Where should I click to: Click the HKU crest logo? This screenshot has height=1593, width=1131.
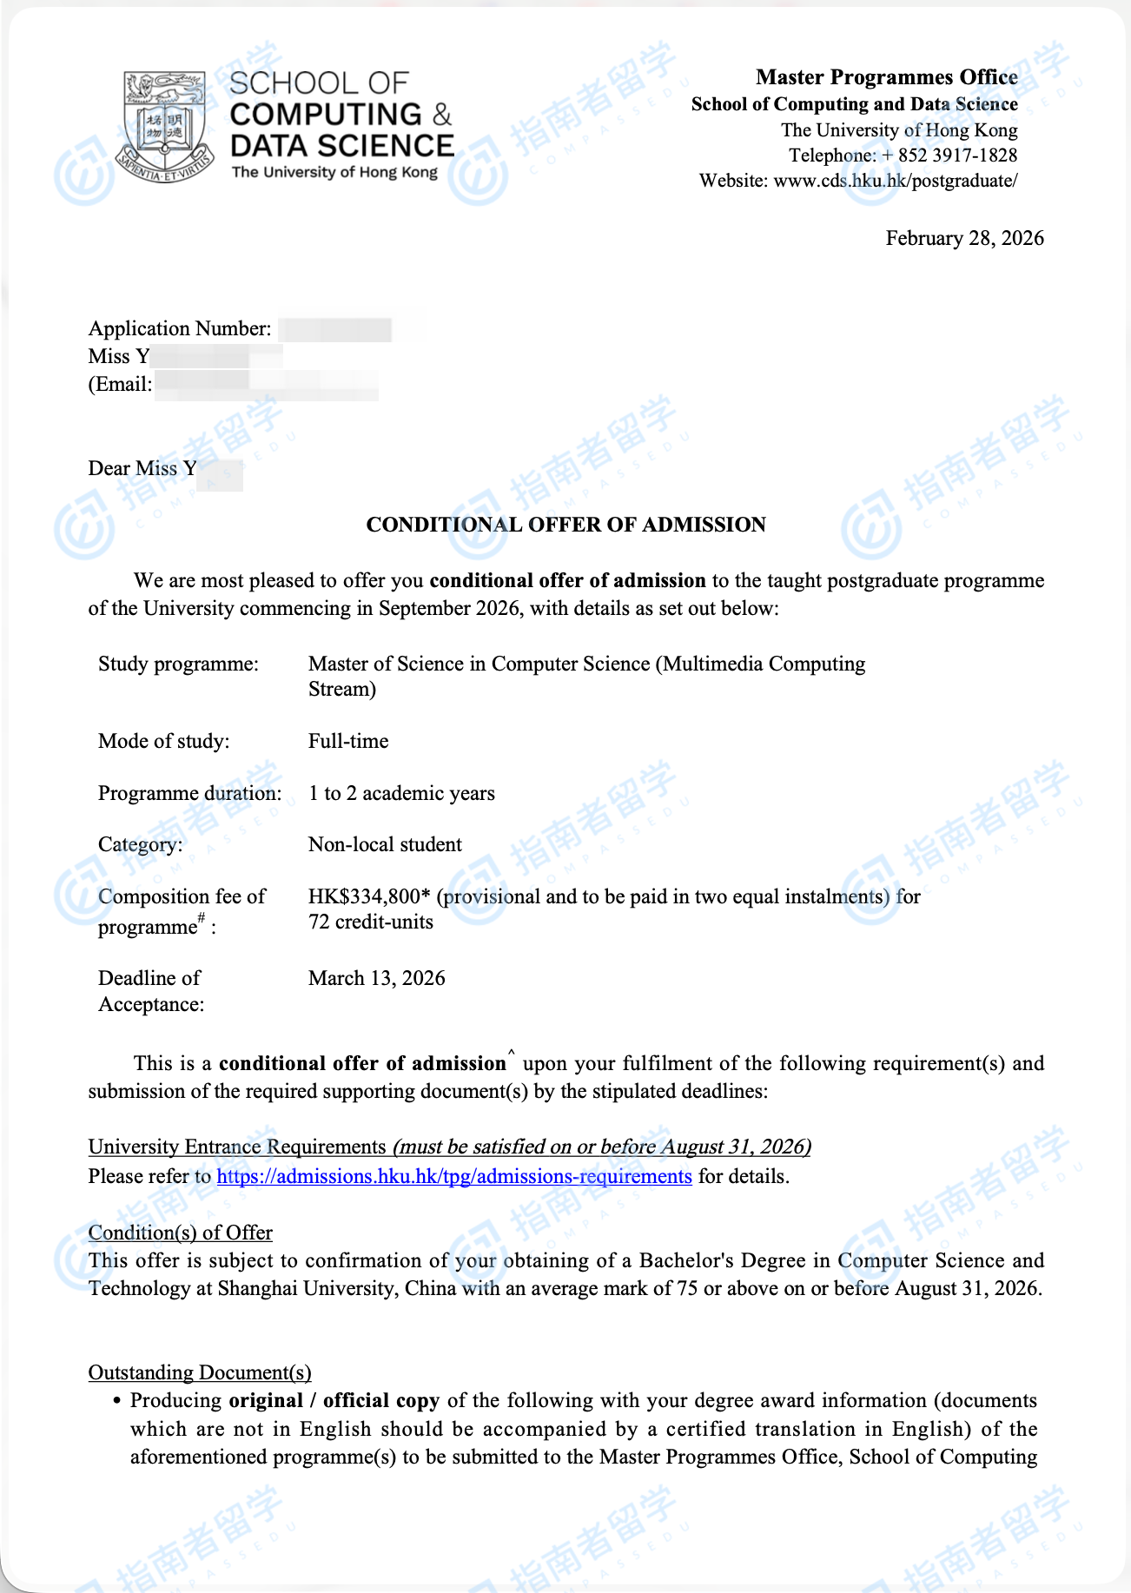(165, 126)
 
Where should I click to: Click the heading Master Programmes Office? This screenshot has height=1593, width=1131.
(886, 77)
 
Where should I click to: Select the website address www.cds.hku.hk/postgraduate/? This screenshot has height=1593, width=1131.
(895, 181)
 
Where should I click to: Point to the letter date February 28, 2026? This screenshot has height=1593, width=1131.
(964, 238)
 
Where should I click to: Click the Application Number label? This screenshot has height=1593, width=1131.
(180, 328)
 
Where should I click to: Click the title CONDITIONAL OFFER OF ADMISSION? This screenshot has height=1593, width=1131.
(565, 525)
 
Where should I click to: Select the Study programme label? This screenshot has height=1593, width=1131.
(178, 664)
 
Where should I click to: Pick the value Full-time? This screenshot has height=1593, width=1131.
(348, 741)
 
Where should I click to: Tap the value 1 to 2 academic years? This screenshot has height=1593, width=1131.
(401, 793)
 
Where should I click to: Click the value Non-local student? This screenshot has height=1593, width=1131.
(385, 844)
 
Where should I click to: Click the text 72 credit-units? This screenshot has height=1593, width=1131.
(371, 922)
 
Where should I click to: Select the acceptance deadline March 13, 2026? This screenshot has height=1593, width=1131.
(376, 978)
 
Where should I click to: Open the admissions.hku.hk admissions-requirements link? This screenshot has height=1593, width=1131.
(454, 1176)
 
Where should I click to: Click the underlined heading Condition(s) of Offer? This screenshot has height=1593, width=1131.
(180, 1233)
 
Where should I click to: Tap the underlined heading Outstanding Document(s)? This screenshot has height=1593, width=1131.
(200, 1372)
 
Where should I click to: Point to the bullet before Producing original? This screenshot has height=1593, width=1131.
(117, 1401)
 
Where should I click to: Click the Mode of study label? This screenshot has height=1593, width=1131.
(163, 741)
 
